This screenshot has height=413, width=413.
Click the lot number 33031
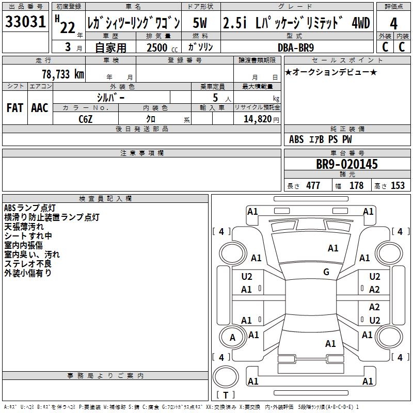point(26,23)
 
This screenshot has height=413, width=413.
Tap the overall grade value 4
point(393,24)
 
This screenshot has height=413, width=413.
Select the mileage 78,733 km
point(62,74)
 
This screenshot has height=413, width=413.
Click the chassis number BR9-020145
point(347,164)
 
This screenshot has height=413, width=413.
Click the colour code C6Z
point(86,119)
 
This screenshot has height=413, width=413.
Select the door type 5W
point(200,23)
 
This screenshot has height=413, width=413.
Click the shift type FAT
point(14,107)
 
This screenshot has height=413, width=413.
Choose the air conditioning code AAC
point(39,107)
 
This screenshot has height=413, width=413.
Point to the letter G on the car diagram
point(326,272)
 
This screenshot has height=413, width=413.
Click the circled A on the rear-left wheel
point(232,338)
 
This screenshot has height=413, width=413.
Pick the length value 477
point(313,186)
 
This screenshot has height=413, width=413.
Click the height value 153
point(398,186)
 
